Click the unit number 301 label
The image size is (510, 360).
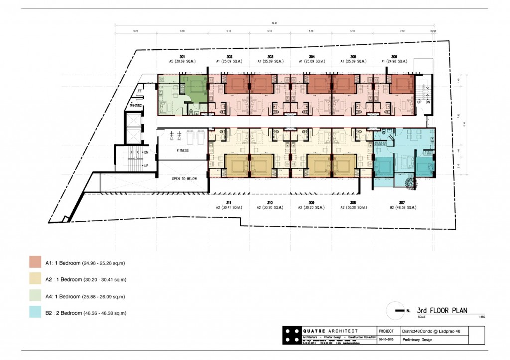pyautogui.click(x=182, y=56)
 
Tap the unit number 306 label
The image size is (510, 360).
pyautogui.click(x=394, y=56)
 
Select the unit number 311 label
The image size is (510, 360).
pyautogui.click(x=229, y=202)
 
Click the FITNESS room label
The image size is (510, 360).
pyautogui.click(x=182, y=150)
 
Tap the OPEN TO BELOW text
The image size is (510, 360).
pyautogui.click(x=182, y=178)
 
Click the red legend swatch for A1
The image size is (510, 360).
pyautogui.click(x=35, y=262)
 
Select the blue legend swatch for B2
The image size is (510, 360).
pyautogui.click(x=35, y=313)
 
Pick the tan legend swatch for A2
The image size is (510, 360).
pyautogui.click(x=35, y=279)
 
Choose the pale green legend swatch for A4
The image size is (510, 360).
pyautogui.click(x=35, y=296)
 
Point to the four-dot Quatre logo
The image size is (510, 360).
pyautogui.click(x=291, y=335)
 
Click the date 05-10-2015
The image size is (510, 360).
pyautogui.click(x=385, y=340)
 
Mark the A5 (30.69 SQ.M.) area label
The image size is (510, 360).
pyautogui.click(x=182, y=61)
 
